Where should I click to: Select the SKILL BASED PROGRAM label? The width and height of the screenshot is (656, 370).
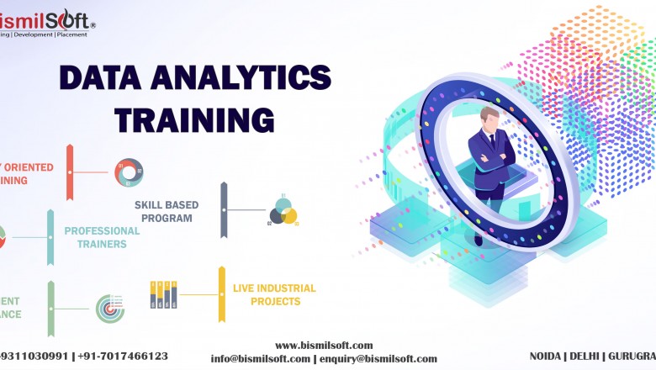click(x=163, y=211)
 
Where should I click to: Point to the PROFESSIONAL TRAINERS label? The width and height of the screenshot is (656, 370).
click(x=102, y=237)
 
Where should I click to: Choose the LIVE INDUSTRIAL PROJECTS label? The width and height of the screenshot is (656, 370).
click(x=274, y=294)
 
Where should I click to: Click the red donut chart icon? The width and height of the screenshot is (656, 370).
click(x=128, y=172)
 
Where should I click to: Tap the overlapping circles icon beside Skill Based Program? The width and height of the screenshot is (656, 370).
click(x=283, y=211)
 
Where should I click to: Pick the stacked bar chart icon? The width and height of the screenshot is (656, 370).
click(x=163, y=294)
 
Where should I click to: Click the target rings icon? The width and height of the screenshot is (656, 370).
click(x=109, y=308)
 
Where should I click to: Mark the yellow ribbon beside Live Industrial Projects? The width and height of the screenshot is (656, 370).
click(x=222, y=294)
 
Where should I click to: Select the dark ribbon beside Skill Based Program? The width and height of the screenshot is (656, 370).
click(x=224, y=210)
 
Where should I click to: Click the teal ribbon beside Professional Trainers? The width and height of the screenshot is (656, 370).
click(x=50, y=237)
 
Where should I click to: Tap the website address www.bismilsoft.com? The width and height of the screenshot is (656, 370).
click(x=324, y=346)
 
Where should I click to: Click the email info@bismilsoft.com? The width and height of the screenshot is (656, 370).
click(x=260, y=358)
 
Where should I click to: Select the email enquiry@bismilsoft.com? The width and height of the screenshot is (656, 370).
click(x=378, y=358)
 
